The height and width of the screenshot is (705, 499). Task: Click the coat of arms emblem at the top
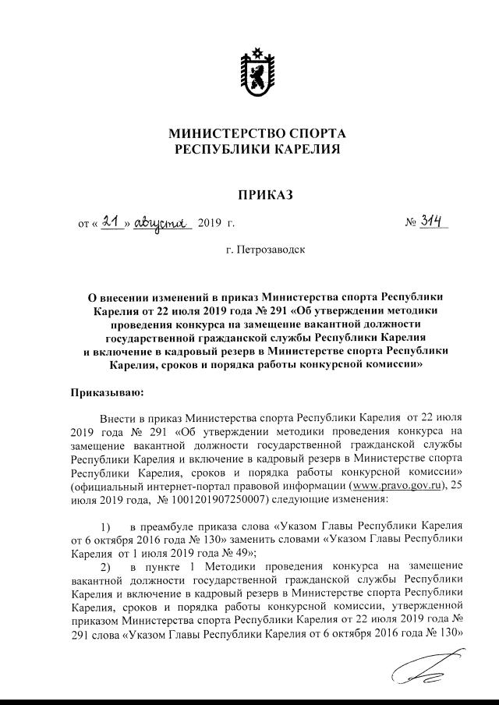tap(257, 73)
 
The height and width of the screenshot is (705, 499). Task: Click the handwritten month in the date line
tap(162, 224)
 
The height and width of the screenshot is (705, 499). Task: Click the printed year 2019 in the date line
tap(210, 225)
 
